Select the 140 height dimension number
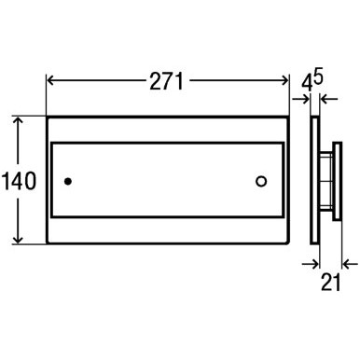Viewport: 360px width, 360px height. (20, 182)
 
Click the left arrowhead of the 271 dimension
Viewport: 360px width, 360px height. (50, 81)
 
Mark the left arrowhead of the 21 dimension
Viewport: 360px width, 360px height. (313, 264)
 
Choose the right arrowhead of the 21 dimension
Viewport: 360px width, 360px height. (341, 264)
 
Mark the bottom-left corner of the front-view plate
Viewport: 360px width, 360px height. (45, 244)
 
